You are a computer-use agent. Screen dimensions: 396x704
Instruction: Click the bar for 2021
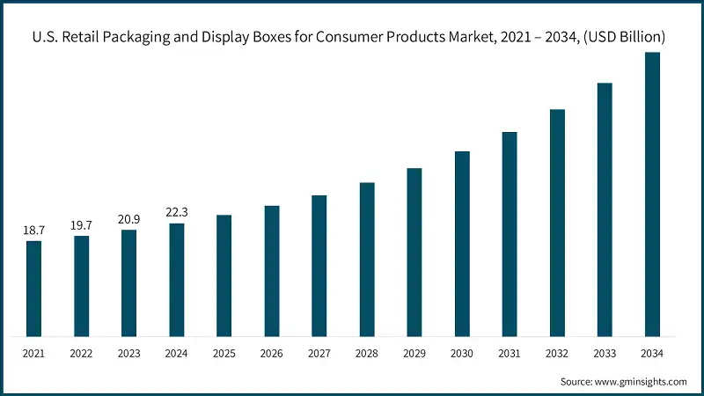click(33, 288)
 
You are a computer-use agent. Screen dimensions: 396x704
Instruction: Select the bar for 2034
click(652, 194)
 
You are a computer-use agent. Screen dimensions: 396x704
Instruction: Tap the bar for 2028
click(367, 259)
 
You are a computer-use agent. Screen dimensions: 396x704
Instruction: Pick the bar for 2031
click(510, 233)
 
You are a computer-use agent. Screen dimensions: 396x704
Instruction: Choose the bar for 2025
click(224, 275)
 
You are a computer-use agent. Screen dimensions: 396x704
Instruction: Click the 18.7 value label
click(33, 230)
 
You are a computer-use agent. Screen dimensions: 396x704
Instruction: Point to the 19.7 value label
click(81, 224)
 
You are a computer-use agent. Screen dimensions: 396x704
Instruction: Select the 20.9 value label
click(128, 219)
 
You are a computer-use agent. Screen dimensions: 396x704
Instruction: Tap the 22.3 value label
click(176, 212)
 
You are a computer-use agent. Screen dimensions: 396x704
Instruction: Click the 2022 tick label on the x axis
click(81, 353)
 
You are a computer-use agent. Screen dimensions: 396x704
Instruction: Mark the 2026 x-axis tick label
click(272, 353)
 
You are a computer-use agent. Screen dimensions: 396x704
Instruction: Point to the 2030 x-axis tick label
click(462, 353)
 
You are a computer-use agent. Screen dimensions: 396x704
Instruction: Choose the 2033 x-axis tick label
click(605, 353)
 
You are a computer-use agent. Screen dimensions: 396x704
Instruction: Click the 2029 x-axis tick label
click(414, 353)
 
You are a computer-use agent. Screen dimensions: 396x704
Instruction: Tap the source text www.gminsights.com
click(642, 381)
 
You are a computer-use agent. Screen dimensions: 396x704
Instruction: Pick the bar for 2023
click(128, 282)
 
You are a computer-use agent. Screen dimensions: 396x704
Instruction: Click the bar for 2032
click(557, 222)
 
